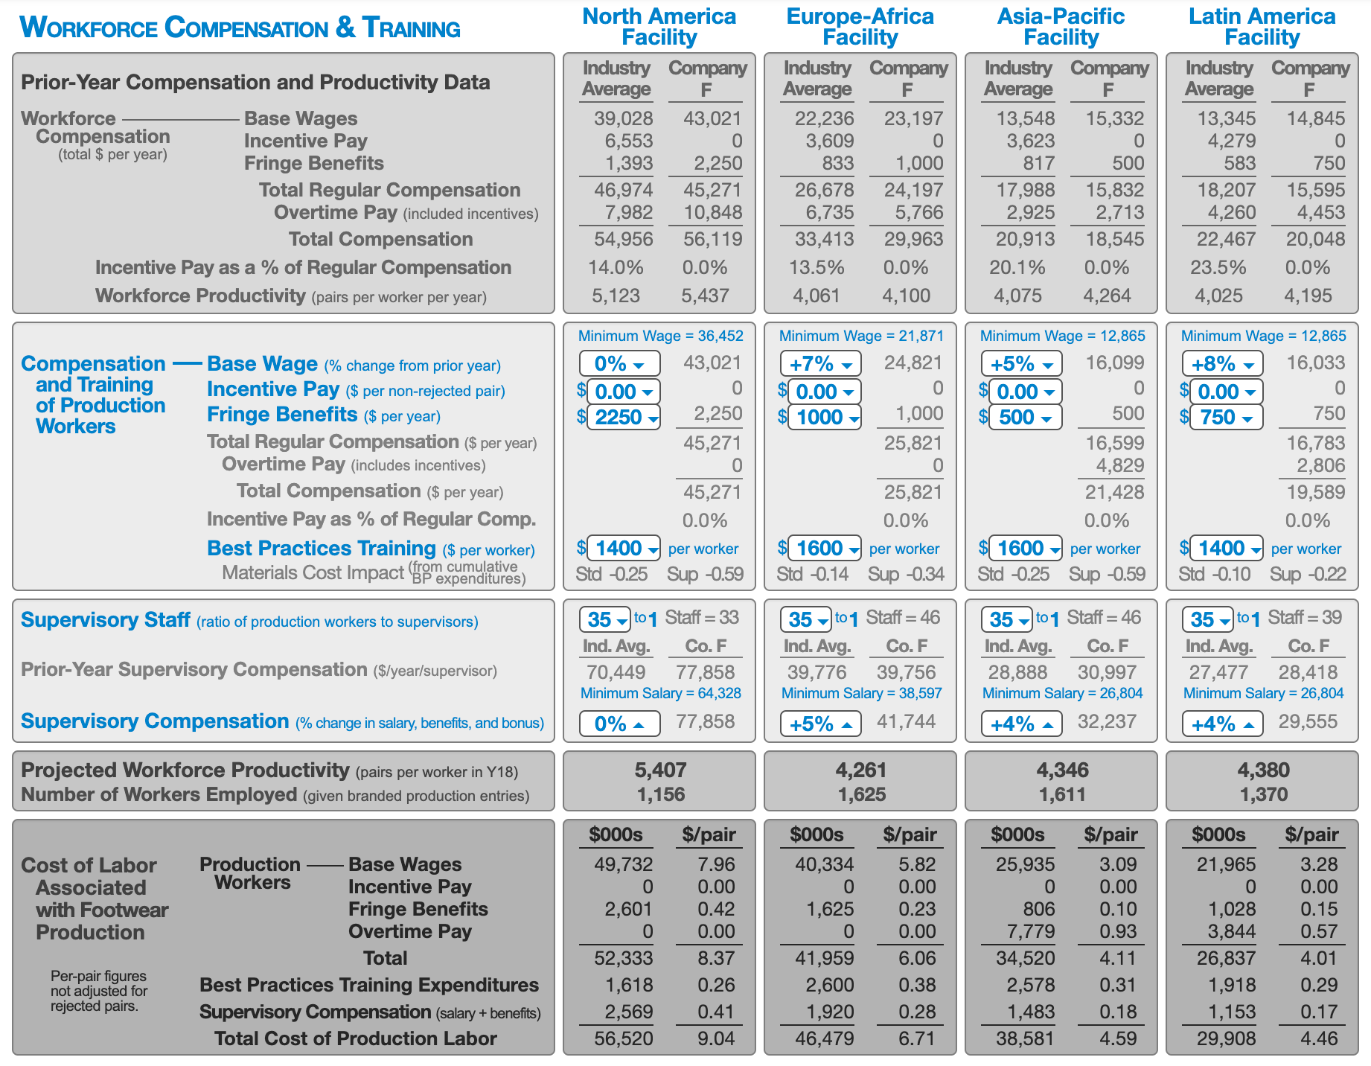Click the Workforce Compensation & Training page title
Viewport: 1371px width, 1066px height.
coord(240,28)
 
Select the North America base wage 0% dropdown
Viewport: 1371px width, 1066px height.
coord(619,363)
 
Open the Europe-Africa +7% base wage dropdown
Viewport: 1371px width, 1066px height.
coord(820,363)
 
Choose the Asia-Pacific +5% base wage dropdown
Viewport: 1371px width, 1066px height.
coord(1021,363)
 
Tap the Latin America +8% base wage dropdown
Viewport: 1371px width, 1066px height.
coord(1222,363)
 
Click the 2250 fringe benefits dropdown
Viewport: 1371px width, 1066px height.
coord(624,417)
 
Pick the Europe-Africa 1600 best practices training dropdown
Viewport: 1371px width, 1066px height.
coord(825,548)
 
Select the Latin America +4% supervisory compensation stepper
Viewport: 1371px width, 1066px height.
coord(1222,724)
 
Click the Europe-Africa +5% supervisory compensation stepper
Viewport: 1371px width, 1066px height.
coord(820,724)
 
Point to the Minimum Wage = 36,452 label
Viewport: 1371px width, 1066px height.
coord(660,336)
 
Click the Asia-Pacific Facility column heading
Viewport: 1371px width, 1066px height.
coord(1061,26)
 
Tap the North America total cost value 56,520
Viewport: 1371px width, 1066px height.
coord(623,1038)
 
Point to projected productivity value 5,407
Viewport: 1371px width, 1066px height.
coord(660,770)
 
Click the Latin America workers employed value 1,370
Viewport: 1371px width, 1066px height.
coord(1263,794)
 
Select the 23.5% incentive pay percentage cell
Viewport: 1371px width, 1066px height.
coord(1218,267)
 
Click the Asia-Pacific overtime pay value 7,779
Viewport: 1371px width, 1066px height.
coord(1025,931)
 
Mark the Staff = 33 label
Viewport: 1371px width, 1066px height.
coord(702,617)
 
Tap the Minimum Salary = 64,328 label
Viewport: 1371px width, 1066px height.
coord(660,693)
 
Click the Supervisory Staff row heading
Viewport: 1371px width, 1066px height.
coord(249,620)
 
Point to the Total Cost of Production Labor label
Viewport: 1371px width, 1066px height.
coord(355,1038)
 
